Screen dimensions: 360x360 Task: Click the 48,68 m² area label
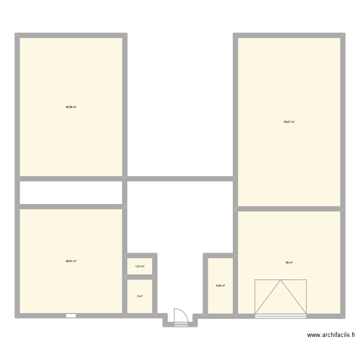(71, 107)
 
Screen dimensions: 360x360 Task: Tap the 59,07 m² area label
(288, 122)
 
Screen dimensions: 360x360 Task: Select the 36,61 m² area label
(71, 261)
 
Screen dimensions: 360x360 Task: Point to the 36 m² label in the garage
(289, 263)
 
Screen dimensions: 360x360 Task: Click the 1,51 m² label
(140, 266)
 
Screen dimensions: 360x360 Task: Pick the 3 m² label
(140, 296)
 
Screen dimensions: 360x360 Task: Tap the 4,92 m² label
(220, 286)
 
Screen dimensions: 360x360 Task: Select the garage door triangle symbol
(280, 298)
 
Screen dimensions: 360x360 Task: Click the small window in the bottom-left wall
(71, 316)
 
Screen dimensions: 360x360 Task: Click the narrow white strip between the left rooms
(71, 192)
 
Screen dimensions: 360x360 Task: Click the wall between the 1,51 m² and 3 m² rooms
(140, 277)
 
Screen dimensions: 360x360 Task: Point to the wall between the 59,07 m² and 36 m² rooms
(289, 209)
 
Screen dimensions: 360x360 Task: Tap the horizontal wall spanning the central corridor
(180, 179)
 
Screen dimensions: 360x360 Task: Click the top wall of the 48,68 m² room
(71, 36)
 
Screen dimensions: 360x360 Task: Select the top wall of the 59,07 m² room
(289, 36)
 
